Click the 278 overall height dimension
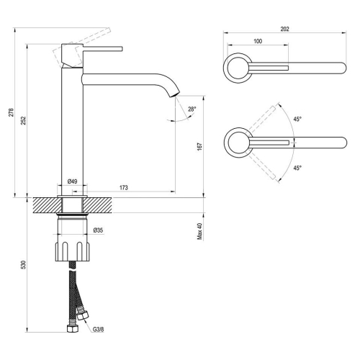point(12,112)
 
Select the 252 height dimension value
point(23,120)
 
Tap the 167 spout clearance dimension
point(199,147)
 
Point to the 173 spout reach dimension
point(124,187)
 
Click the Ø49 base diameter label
point(72,181)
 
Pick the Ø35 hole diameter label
point(98,230)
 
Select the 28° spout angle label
point(192,109)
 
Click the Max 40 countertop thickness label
point(199,231)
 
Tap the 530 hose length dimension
point(23,264)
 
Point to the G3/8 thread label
point(99,329)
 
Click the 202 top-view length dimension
point(284,29)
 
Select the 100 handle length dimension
point(258,41)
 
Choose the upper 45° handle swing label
point(297,119)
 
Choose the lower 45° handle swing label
point(297,168)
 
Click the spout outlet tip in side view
point(175,94)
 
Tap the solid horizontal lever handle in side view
point(103,49)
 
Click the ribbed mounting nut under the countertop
point(73,251)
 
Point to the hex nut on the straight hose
point(72,329)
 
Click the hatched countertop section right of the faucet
point(97,205)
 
